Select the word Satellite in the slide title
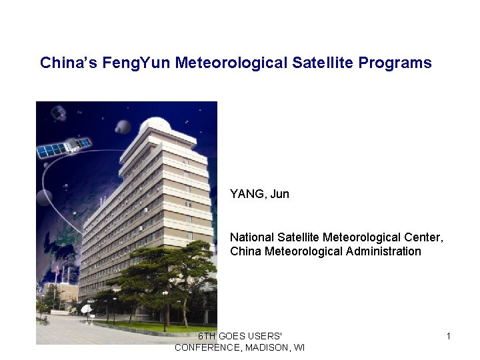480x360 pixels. [323, 63]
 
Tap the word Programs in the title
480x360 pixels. [395, 63]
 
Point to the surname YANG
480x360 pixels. [248, 194]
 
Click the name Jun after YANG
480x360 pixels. [280, 194]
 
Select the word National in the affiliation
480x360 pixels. [251, 237]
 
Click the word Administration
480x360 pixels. [384, 251]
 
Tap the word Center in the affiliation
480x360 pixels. [422, 237]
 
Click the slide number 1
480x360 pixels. [449, 337]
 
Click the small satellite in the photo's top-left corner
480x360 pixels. [59, 113]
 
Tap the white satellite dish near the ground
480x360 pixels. [86, 309]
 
